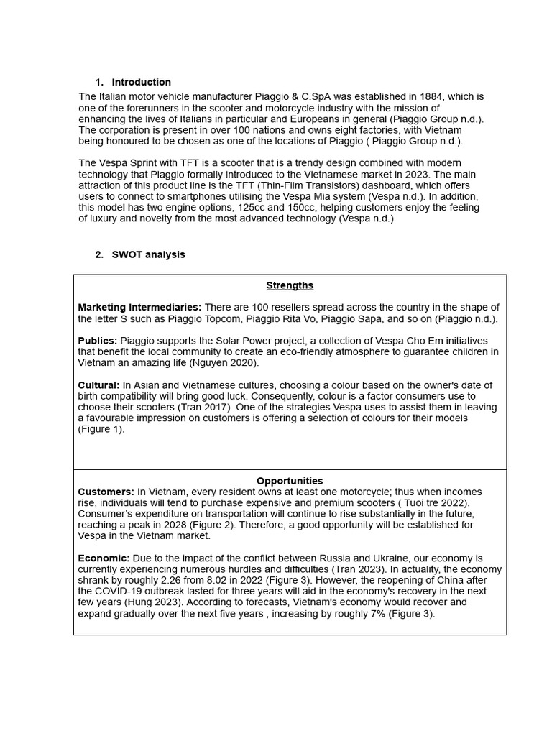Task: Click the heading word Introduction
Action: [x=141, y=82]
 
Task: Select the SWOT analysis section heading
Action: [x=148, y=254]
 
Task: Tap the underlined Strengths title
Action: [x=290, y=285]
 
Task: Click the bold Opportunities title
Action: [x=290, y=481]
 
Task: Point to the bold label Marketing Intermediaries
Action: [x=139, y=308]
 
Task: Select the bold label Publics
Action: [x=97, y=341]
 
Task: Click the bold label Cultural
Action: [x=98, y=385]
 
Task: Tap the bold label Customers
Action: [x=106, y=492]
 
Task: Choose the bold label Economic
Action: [x=103, y=558]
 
